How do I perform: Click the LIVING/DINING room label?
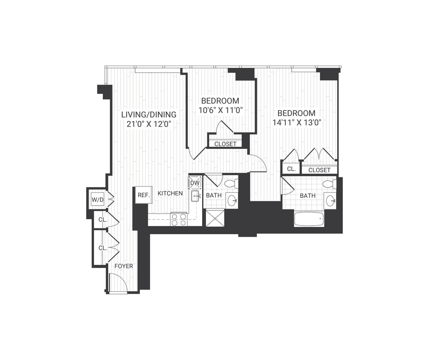pyautogui.click(x=148, y=115)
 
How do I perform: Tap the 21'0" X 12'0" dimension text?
pyautogui.click(x=148, y=124)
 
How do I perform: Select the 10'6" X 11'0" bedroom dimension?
pyautogui.click(x=220, y=110)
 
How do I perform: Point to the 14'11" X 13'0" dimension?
pyautogui.click(x=296, y=122)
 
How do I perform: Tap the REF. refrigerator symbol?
pyautogui.click(x=143, y=195)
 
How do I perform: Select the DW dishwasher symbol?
pyautogui.click(x=195, y=183)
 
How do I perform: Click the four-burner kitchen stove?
pyautogui.click(x=179, y=219)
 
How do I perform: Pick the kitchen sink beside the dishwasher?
pyautogui.click(x=195, y=196)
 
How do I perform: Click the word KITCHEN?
pyautogui.click(x=170, y=194)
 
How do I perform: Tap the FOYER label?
pyautogui.click(x=124, y=266)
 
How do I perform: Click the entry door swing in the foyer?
pyautogui.click(x=117, y=282)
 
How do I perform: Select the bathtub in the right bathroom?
pyautogui.click(x=309, y=219)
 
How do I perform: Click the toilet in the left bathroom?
pyautogui.click(x=231, y=184)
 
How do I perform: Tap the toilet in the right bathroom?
pyautogui.click(x=329, y=184)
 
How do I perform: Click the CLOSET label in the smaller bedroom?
pyautogui.click(x=225, y=144)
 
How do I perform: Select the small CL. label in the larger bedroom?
pyautogui.click(x=291, y=169)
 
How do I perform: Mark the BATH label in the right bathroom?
pyautogui.click(x=307, y=196)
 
